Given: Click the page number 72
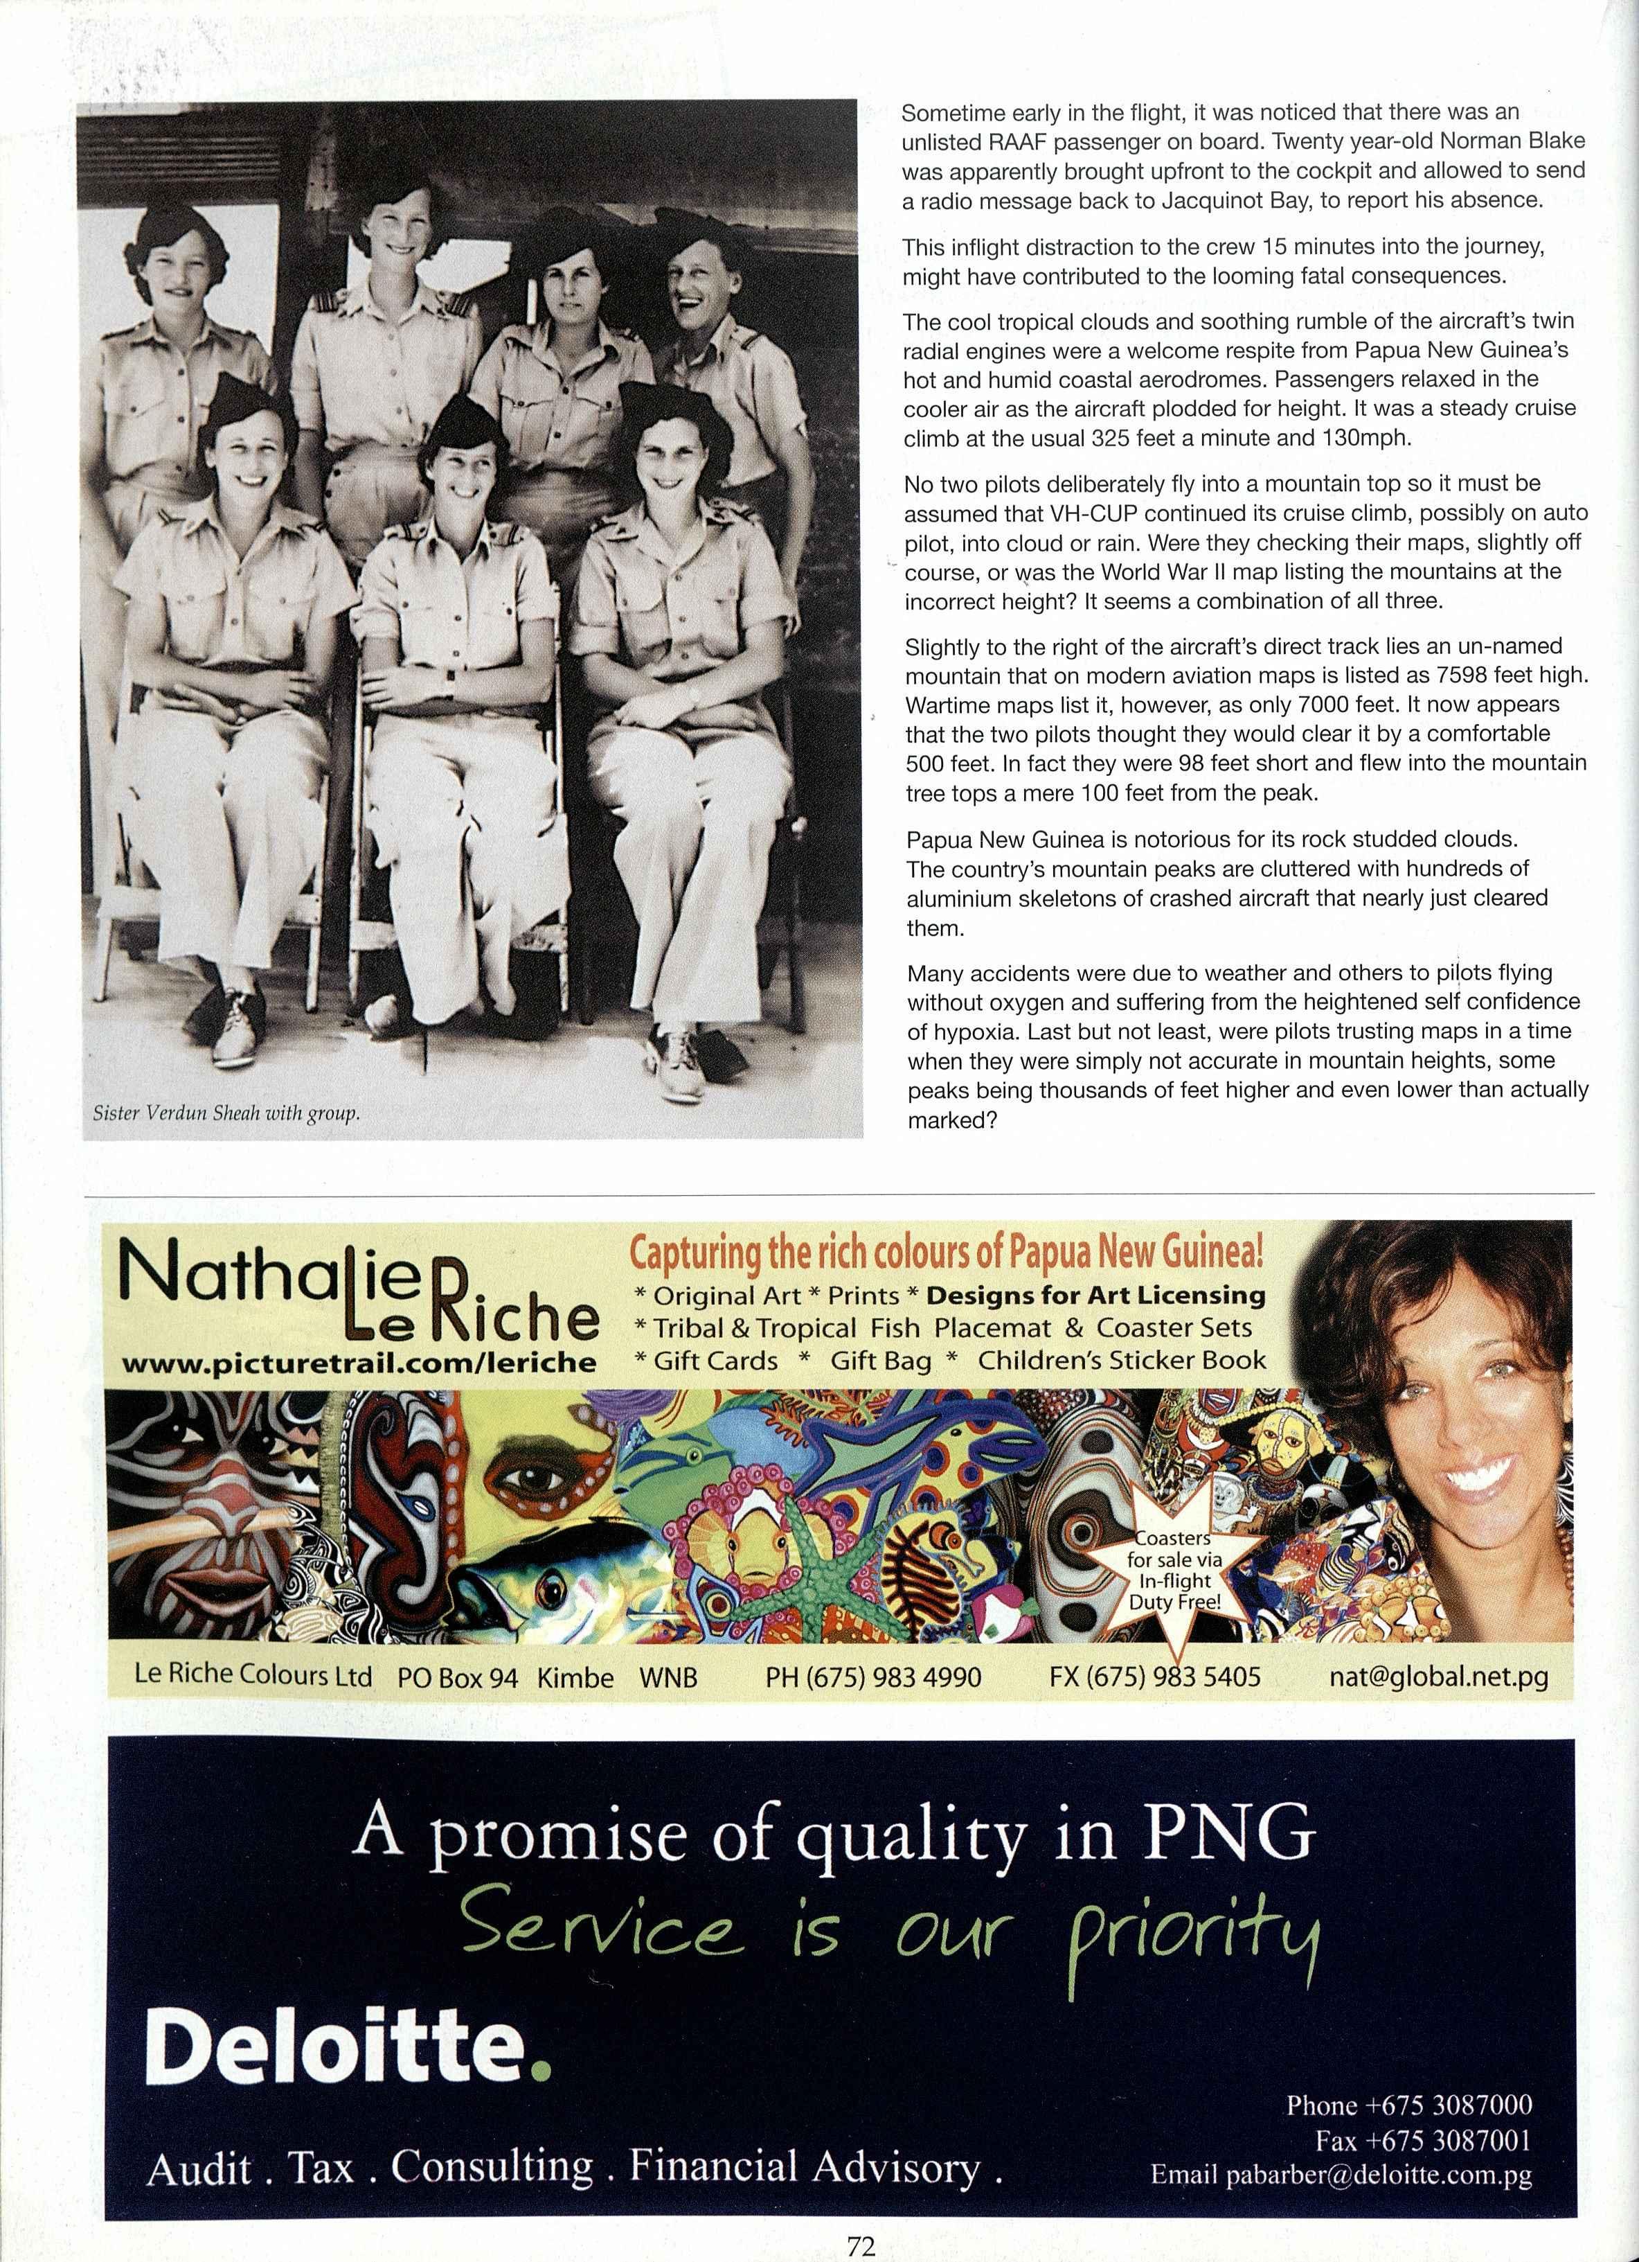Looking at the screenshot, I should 861,2246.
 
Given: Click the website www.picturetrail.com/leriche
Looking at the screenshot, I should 358,1361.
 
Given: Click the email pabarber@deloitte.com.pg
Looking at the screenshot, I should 1341,2174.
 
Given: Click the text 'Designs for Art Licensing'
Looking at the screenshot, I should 1095,1295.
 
